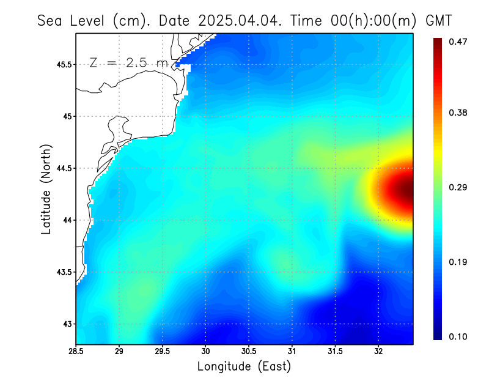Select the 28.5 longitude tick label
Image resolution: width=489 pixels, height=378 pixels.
tap(76, 352)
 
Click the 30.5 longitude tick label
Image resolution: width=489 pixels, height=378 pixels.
tap(249, 352)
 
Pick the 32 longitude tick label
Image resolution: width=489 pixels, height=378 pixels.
tap(378, 352)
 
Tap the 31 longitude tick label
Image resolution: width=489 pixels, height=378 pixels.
tap(292, 352)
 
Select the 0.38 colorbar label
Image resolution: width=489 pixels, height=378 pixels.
tap(458, 113)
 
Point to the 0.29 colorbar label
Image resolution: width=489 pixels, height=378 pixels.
tap(458, 187)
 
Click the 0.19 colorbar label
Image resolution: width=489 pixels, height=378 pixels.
tap(458, 262)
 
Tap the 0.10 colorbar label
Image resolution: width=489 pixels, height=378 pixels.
tap(458, 336)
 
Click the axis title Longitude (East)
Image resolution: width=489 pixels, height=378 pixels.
tap(244, 366)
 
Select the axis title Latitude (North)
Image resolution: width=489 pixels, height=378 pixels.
tap(46, 189)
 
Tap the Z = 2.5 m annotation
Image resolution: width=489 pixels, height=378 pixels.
tap(128, 62)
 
